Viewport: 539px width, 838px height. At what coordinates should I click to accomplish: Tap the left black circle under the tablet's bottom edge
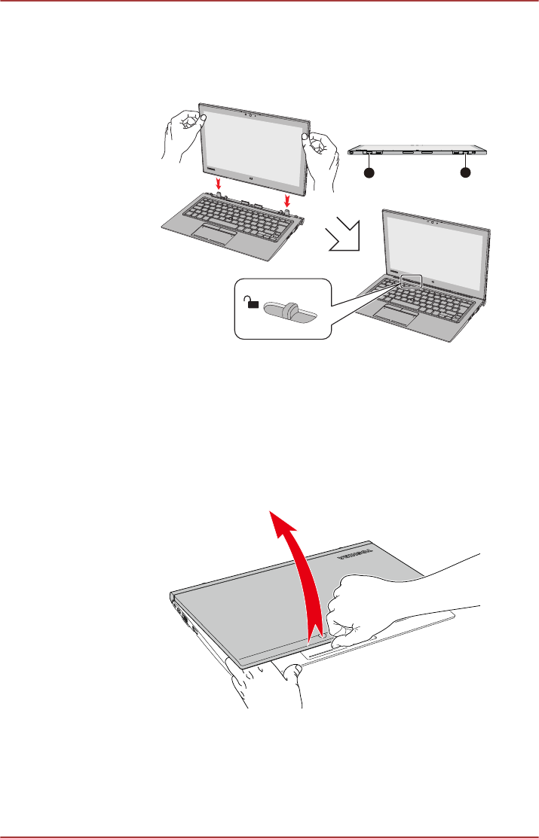pos(369,173)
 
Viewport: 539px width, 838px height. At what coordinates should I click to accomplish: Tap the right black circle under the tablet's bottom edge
pos(465,173)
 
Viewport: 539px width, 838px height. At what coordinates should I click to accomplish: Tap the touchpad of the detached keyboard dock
pos(213,232)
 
